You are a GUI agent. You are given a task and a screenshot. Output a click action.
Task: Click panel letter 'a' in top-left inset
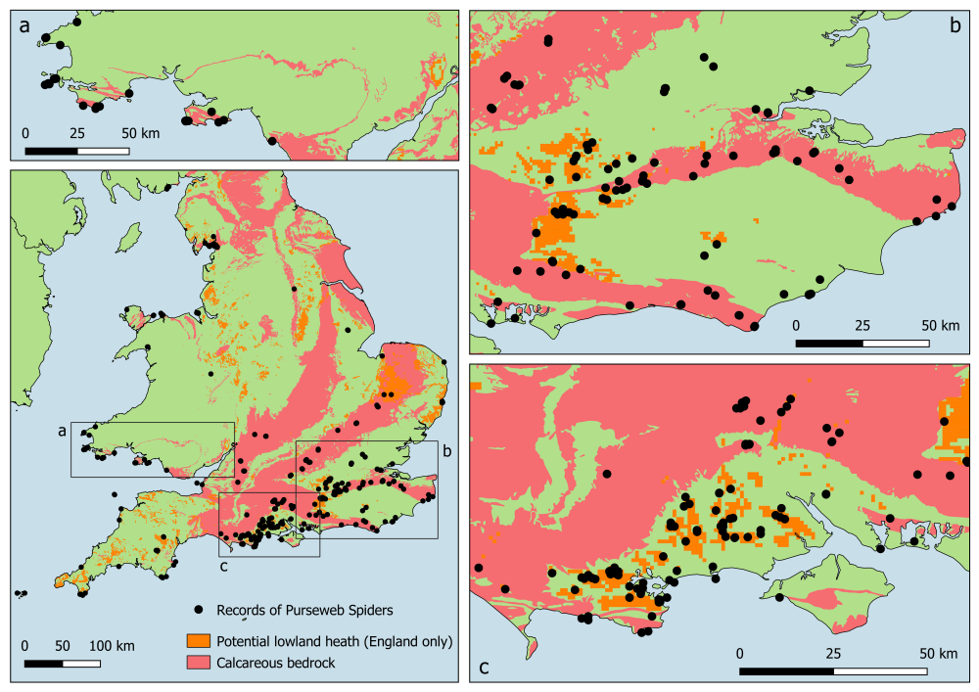(23, 26)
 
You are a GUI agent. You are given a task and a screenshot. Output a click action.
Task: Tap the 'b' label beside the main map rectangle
(446, 451)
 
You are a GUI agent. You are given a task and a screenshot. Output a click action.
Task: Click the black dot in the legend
(199, 610)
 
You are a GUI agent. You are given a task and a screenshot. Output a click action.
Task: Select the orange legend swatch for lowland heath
(199, 641)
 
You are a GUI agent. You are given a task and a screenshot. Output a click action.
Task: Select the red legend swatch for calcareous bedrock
(199, 663)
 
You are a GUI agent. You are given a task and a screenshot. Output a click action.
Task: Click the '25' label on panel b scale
(862, 325)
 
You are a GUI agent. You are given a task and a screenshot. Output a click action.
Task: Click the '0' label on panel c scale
(741, 653)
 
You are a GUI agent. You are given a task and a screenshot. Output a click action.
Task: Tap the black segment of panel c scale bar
(787, 671)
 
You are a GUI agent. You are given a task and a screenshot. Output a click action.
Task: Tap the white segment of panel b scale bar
(896, 344)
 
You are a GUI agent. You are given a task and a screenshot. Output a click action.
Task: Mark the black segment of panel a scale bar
(51, 151)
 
